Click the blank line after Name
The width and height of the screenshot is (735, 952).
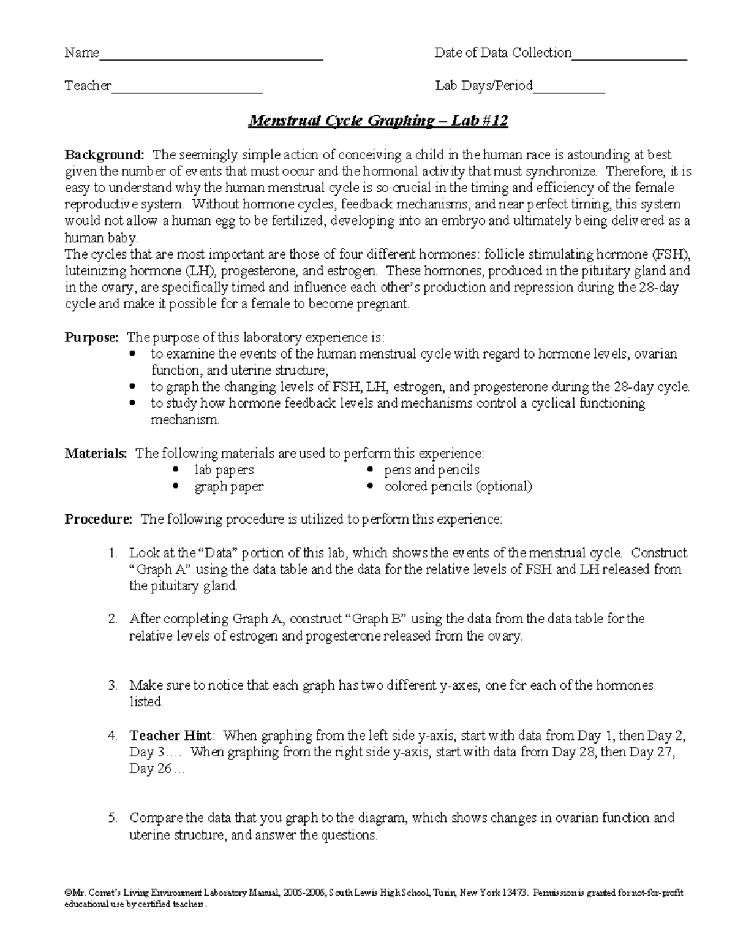coord(211,57)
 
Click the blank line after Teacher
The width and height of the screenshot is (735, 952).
coord(187,90)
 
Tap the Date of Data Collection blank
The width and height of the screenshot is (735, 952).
coord(629,57)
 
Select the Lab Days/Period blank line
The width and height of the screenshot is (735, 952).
coord(569,90)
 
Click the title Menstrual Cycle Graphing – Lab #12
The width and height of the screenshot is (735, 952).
coord(378,121)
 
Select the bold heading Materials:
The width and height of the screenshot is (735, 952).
coord(96,454)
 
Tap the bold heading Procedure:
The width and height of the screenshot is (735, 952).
coord(99,520)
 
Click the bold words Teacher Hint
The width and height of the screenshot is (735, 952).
coord(170,735)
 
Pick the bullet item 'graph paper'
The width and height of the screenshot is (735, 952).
coord(228,487)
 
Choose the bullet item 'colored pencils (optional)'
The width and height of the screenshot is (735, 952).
coord(458,487)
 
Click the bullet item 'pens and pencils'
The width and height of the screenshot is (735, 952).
coord(432,470)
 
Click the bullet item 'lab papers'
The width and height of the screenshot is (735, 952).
coord(224,470)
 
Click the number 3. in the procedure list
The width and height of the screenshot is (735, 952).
coord(113,685)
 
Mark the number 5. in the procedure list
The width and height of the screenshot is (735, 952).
coord(113,818)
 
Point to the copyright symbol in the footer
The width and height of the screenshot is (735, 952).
coord(69,893)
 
